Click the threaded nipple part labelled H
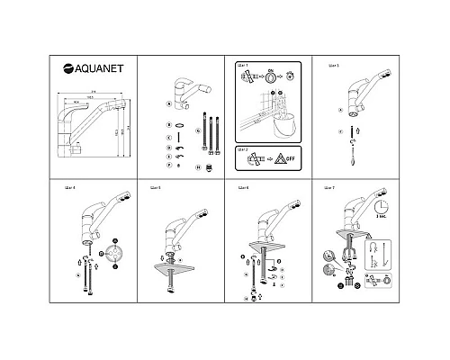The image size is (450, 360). click(x=211, y=166)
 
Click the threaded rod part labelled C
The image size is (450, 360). click(x=183, y=138)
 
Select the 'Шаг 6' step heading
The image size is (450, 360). click(x=242, y=187)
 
